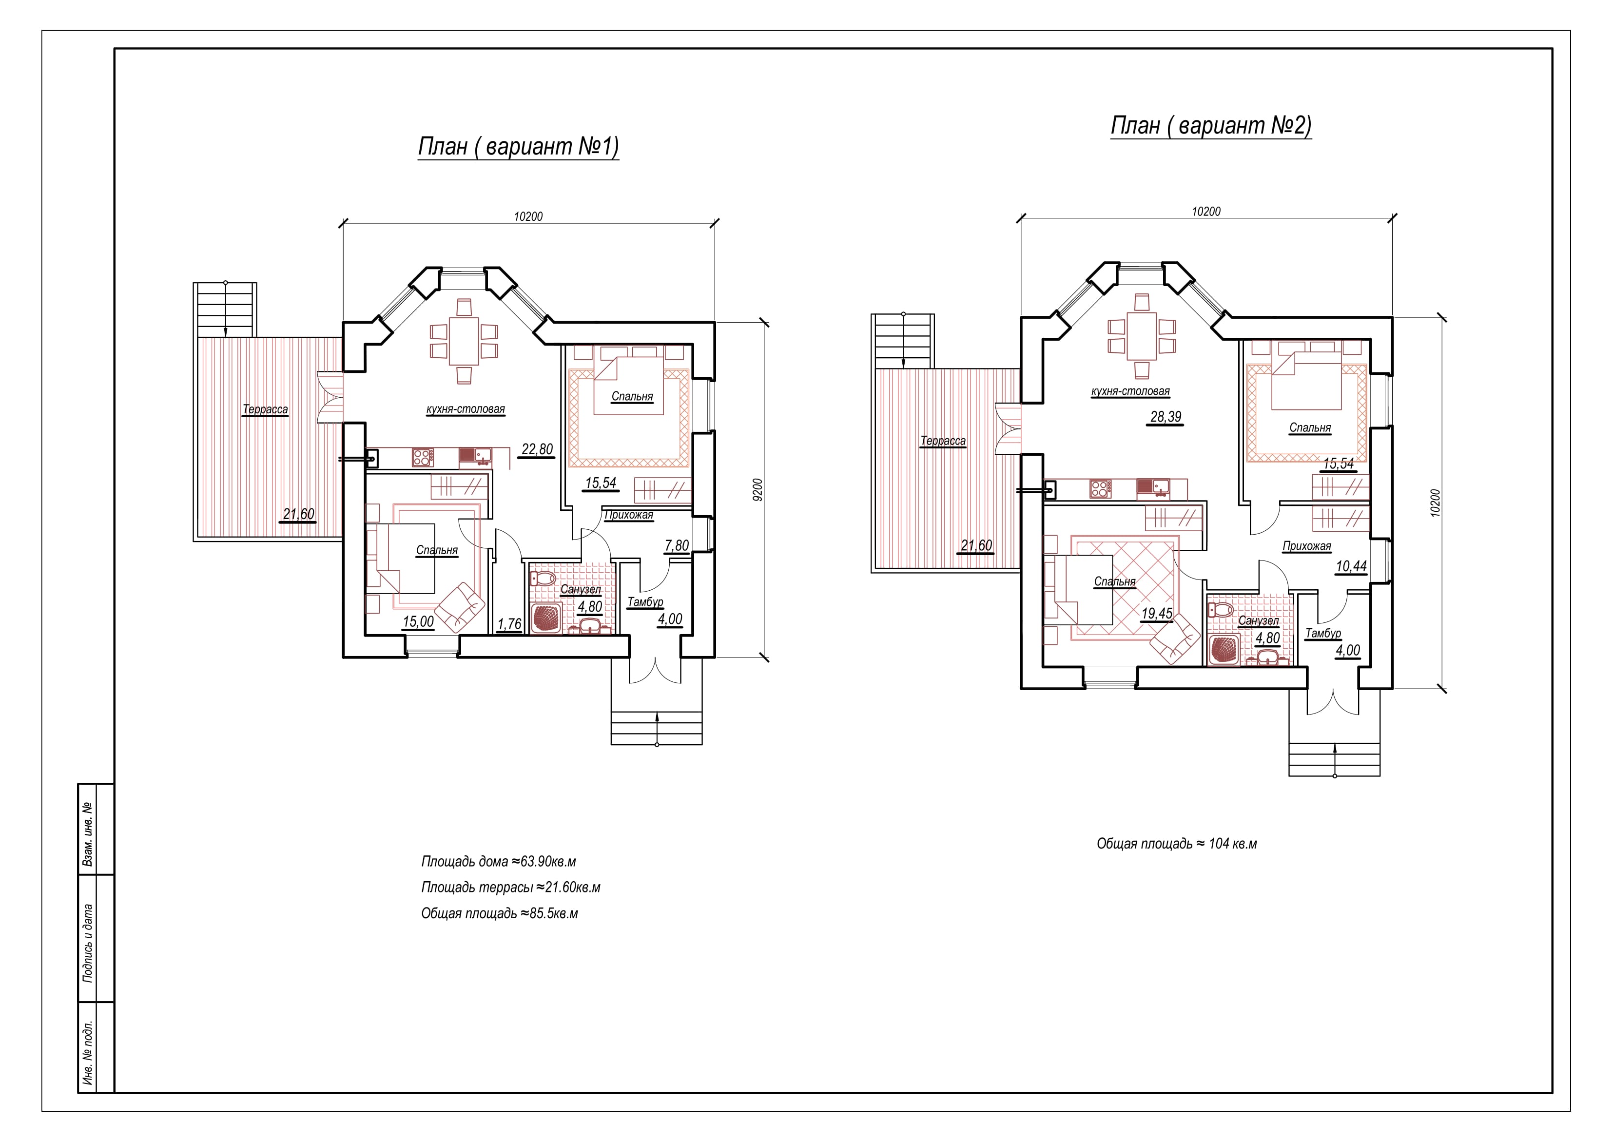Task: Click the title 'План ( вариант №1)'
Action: (x=519, y=146)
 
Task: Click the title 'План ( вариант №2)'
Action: (x=1210, y=125)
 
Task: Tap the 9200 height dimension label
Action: (x=757, y=489)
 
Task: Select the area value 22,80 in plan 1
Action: (x=538, y=449)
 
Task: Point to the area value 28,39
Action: (x=1166, y=417)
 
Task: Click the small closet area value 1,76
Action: (x=509, y=624)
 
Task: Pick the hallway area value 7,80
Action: (x=677, y=546)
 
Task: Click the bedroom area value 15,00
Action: (x=418, y=621)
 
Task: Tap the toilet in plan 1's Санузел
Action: (x=543, y=579)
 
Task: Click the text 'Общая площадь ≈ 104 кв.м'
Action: (x=1177, y=844)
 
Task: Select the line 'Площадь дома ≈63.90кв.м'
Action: (x=499, y=861)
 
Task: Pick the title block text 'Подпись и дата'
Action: (x=88, y=942)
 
